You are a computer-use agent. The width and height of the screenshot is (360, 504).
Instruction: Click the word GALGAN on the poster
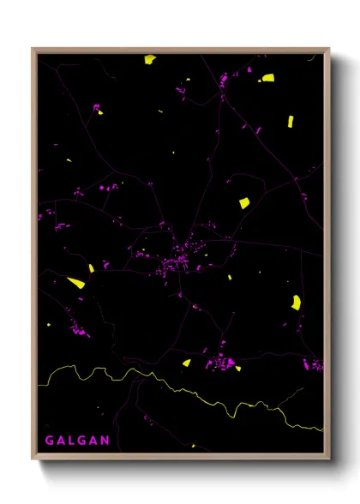pos(77,441)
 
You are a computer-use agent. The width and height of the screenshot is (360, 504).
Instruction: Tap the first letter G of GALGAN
pos(50,441)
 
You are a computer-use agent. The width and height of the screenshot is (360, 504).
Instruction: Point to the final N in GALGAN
pos(105,441)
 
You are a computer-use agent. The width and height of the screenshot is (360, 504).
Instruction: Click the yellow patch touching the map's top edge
pos(150,59)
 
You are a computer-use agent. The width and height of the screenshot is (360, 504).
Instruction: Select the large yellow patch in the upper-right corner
pos(268,78)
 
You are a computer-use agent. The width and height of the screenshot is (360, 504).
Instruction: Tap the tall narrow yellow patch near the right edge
pos(290,121)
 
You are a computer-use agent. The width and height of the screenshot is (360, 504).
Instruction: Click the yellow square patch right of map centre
pos(244,203)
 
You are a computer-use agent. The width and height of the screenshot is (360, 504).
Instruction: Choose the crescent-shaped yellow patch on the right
pos(297,302)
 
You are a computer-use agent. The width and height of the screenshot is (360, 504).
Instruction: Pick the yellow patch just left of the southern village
pos(186,363)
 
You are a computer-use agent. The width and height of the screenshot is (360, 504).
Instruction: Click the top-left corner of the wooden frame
pos(34,50)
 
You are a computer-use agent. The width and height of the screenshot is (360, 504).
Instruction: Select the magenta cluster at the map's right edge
pos(315,365)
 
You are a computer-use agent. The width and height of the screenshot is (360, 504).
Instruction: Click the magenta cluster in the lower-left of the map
pos(79,329)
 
